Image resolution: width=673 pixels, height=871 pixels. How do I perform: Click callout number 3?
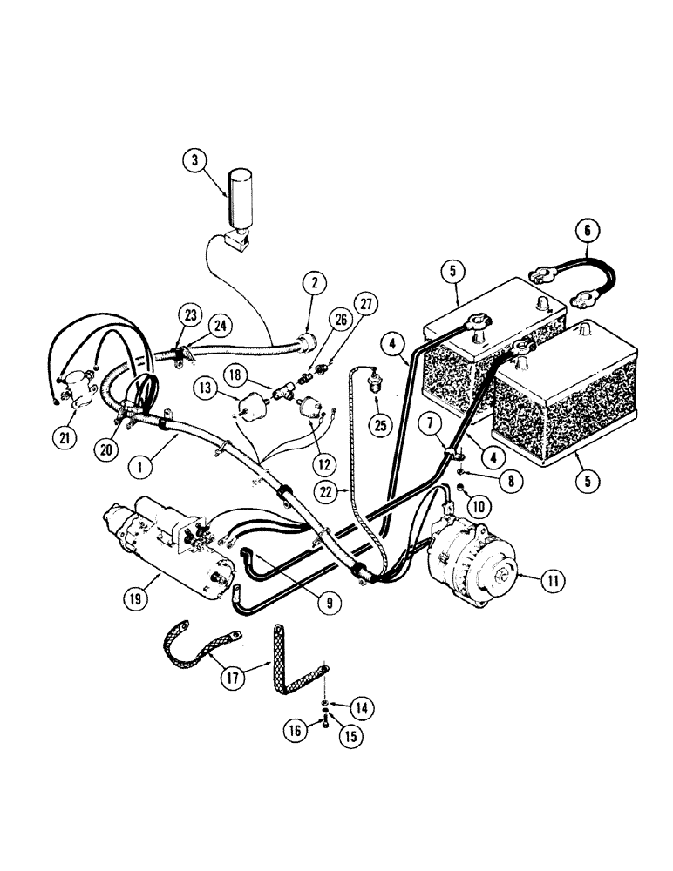pyautogui.click(x=196, y=162)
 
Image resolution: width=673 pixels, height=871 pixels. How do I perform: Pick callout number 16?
pyautogui.click(x=297, y=732)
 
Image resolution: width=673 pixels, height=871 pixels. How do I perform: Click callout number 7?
pyautogui.click(x=430, y=424)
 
